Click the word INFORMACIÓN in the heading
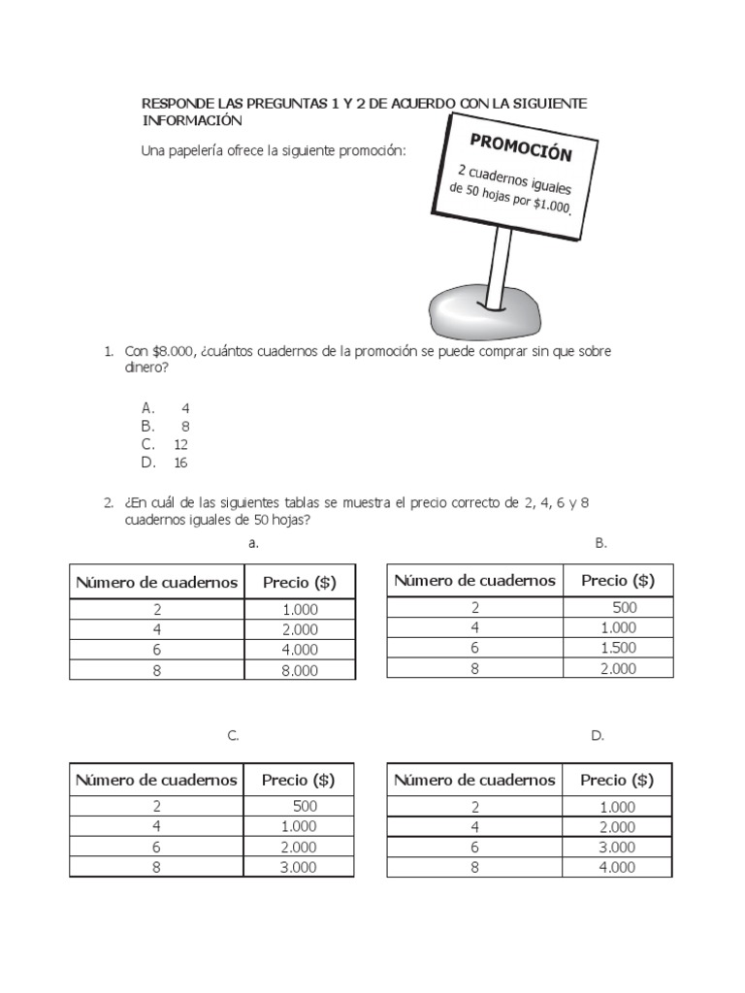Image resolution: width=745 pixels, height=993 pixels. point(191,121)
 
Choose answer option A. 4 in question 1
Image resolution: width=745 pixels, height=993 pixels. point(165,408)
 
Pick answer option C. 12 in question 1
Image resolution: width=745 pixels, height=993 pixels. point(165,444)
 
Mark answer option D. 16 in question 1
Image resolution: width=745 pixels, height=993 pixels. point(165,463)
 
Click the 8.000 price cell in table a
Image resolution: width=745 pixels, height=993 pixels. point(299,670)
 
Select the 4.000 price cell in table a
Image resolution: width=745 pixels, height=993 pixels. point(299,650)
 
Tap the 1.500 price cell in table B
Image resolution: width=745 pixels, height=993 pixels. point(618,648)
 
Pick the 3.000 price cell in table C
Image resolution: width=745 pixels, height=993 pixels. point(298,868)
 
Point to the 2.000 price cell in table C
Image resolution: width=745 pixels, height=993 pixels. point(298,848)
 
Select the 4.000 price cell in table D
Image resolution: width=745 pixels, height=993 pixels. point(617,868)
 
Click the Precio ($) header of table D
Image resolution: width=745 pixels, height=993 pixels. point(617,780)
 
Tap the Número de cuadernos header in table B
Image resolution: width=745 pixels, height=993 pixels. point(475,580)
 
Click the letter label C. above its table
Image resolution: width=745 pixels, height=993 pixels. point(233,736)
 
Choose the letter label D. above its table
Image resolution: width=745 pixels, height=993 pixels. point(597,736)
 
